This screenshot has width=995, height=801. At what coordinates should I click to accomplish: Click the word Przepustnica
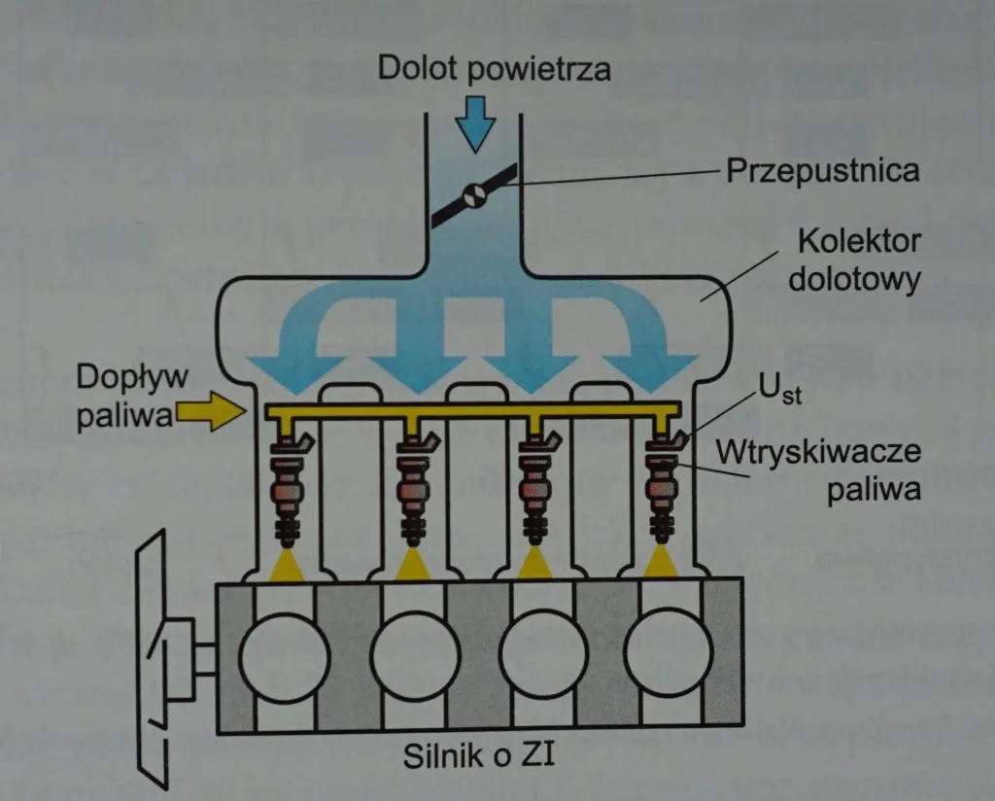coord(822,171)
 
